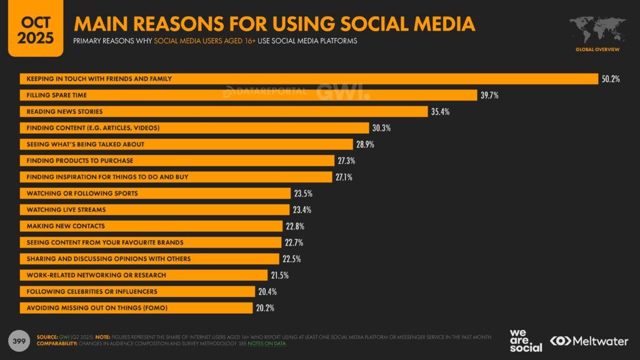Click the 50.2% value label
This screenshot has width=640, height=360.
(x=611, y=79)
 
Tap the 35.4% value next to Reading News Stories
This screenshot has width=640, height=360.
(x=440, y=111)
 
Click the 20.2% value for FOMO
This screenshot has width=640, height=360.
(x=265, y=307)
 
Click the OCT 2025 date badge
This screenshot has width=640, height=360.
(x=31, y=28)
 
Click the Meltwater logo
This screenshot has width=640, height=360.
(x=590, y=341)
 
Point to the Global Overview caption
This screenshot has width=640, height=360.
(x=597, y=49)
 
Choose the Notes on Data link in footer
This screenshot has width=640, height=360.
(x=267, y=344)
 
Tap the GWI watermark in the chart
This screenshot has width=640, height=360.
(x=342, y=91)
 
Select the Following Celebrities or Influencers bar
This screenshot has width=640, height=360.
(x=138, y=291)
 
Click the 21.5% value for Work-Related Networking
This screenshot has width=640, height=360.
(x=279, y=275)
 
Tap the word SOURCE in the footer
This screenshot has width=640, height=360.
(x=47, y=336)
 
